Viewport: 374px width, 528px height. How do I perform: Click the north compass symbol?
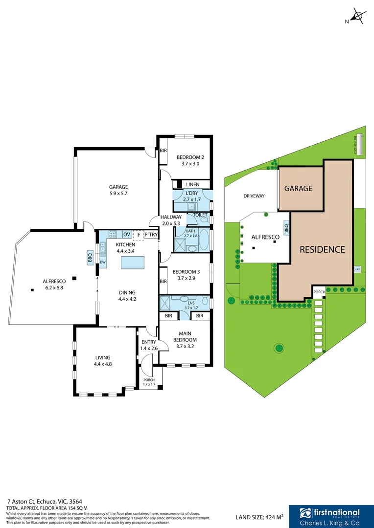click(358, 17)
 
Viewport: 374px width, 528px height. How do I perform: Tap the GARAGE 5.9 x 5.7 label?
click(118, 190)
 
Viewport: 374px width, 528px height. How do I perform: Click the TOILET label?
click(200, 215)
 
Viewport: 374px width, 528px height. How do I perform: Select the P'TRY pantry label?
click(151, 235)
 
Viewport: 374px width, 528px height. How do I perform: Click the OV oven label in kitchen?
click(126, 235)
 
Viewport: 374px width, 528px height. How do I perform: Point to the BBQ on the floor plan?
click(90, 258)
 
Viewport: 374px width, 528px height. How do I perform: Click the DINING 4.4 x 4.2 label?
click(127, 296)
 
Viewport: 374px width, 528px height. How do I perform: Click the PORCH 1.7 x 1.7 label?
click(148, 382)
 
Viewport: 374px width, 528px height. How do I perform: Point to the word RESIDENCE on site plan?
click(322, 249)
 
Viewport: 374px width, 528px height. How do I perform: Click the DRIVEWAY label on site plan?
click(254, 196)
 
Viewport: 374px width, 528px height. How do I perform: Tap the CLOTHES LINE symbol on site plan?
click(360, 144)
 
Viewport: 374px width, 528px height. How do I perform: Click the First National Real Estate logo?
click(331, 516)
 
